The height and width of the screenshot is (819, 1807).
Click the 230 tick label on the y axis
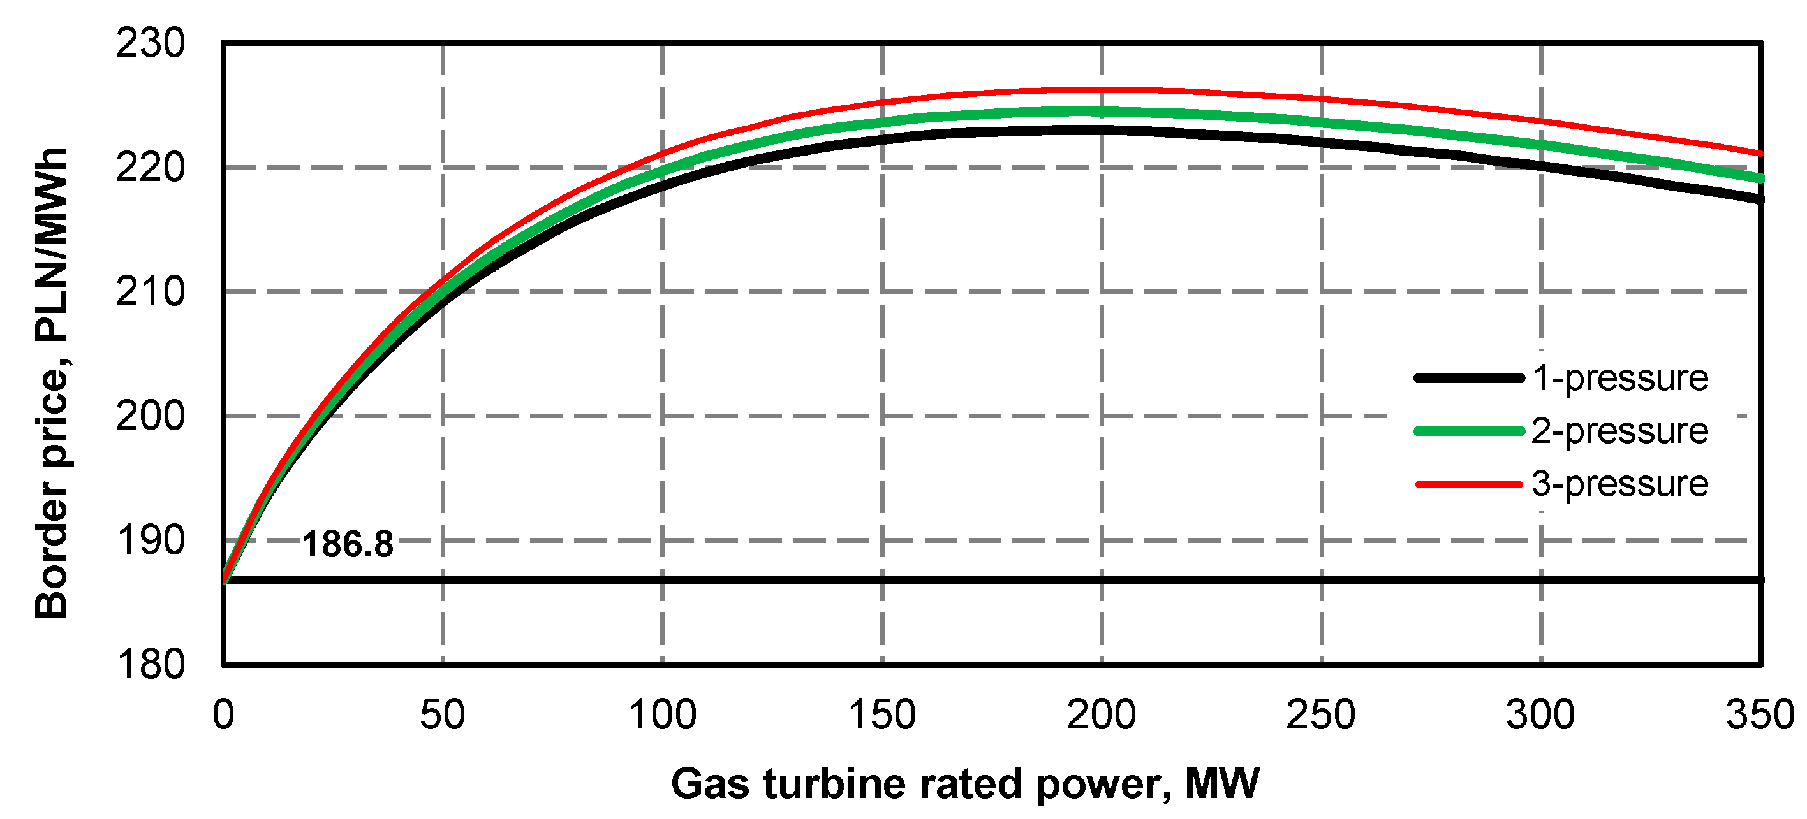tap(150, 43)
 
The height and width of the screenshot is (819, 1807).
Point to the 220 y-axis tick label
tap(150, 168)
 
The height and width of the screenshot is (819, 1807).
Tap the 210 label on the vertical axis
tap(150, 292)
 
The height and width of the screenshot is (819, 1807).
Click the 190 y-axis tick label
tap(150, 540)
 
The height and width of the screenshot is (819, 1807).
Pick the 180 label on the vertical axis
tap(150, 664)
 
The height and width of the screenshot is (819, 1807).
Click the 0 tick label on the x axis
tap(223, 715)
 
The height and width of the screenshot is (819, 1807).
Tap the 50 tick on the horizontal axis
tap(443, 715)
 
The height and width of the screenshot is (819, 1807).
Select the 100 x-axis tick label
tap(662, 715)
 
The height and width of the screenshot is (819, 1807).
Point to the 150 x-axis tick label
tap(881, 715)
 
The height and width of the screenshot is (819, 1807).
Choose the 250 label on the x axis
tap(1321, 715)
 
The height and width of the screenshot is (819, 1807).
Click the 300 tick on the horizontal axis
tap(1540, 715)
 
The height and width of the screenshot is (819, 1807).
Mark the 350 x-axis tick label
tap(1760, 715)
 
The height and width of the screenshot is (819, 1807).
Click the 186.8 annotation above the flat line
tap(347, 544)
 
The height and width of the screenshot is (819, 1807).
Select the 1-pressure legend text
tap(1619, 378)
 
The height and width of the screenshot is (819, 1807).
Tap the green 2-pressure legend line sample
tap(1469, 431)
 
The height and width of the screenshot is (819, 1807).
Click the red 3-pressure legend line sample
tap(1469, 484)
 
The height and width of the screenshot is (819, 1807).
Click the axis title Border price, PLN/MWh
tap(50, 382)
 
